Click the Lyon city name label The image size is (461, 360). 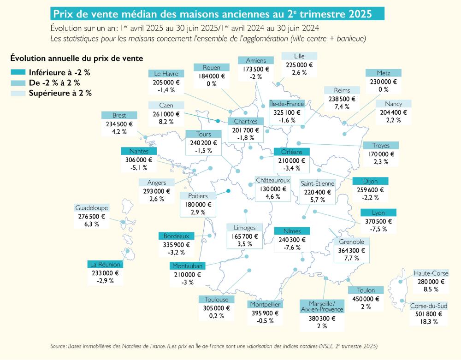tap(378, 213)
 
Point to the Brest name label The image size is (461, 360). tap(119, 115)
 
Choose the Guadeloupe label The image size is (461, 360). tap(91, 208)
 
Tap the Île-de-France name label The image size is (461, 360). tap(287, 104)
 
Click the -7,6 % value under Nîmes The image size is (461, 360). tap(291, 248)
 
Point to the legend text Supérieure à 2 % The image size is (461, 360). tap(60, 93)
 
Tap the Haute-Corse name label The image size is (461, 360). tap(431, 273)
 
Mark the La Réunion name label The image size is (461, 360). tap(105, 265)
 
